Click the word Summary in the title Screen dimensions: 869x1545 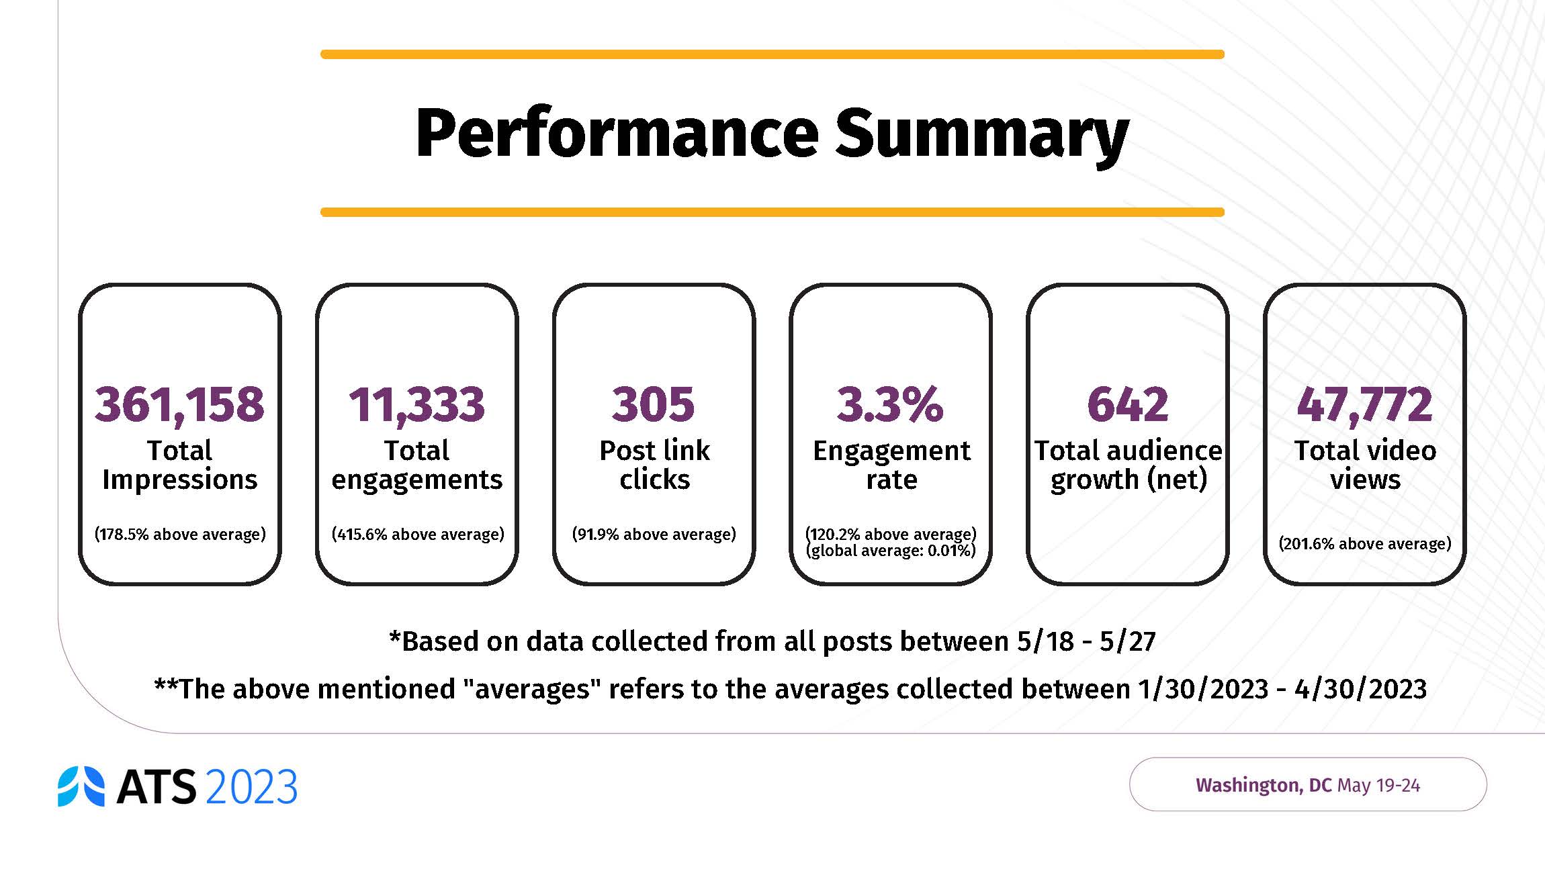[981, 134]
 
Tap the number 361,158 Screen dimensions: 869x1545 [179, 404]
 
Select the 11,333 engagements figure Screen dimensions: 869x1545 [416, 404]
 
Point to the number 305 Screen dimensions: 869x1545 [653, 404]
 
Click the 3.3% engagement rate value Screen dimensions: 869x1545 [890, 404]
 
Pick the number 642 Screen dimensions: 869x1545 [1128, 404]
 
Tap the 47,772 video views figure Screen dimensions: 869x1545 [1364, 404]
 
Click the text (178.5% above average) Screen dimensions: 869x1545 [180, 535]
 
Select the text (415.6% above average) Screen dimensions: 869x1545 [417, 535]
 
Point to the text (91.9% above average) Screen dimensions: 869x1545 [654, 535]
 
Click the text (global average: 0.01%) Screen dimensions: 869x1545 [891, 551]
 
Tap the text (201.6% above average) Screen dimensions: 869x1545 [1364, 544]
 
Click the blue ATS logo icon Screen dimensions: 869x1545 [81, 786]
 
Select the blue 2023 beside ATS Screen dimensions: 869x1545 [251, 787]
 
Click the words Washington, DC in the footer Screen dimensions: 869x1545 [1263, 785]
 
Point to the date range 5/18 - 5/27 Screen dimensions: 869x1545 [1086, 642]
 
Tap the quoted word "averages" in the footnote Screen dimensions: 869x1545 [533, 690]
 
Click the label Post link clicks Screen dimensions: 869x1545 [654, 465]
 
